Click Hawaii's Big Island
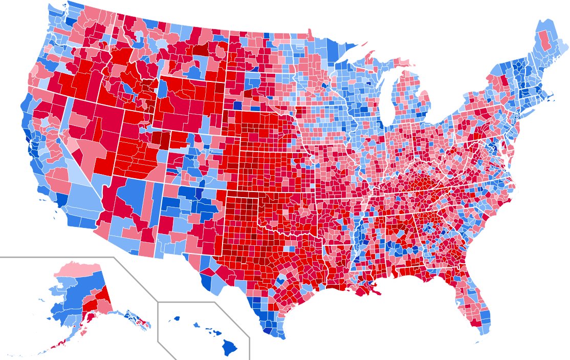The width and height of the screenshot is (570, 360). pos(229,348)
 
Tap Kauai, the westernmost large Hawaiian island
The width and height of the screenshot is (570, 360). pos(177,318)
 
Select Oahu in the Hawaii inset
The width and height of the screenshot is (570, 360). pos(196,324)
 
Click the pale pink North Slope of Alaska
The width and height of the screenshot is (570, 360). pos(77,269)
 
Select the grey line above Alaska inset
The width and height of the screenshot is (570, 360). pos(56,257)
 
